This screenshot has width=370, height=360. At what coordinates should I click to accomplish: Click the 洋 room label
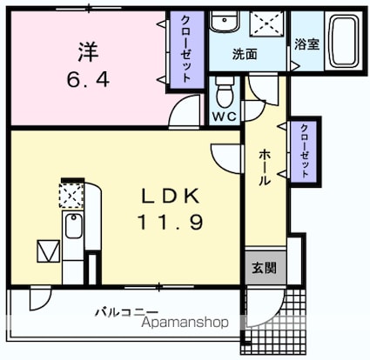tap(88, 52)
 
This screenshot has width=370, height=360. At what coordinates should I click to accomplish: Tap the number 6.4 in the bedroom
tap(88, 79)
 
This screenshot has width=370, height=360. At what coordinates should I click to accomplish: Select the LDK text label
tap(171, 196)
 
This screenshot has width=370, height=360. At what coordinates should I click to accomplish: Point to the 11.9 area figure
tap(171, 223)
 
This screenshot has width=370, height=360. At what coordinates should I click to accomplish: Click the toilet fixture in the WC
tap(225, 90)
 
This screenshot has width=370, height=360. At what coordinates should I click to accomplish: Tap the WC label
tap(225, 117)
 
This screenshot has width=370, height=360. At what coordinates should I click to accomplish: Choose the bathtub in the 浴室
tap(344, 41)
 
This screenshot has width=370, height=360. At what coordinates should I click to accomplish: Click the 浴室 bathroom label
tap(307, 44)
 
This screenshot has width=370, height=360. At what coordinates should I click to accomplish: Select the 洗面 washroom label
tap(245, 54)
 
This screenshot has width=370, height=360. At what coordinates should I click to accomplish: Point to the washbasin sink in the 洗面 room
tap(225, 21)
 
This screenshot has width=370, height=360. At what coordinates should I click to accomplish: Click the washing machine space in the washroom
tap(266, 23)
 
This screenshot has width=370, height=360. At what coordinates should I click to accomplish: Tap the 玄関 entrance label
tap(264, 268)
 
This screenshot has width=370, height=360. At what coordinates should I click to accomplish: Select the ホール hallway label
tap(265, 168)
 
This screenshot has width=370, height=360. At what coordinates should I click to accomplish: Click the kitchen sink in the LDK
tap(73, 225)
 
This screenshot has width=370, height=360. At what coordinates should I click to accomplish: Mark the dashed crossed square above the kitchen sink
tap(71, 195)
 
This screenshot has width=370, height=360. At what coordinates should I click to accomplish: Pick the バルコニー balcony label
tap(127, 312)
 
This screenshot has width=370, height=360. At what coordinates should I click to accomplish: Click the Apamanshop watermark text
tap(185, 323)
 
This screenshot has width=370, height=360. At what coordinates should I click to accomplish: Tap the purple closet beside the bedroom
tap(187, 50)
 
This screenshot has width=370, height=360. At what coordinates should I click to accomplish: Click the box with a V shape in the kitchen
tap(48, 251)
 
